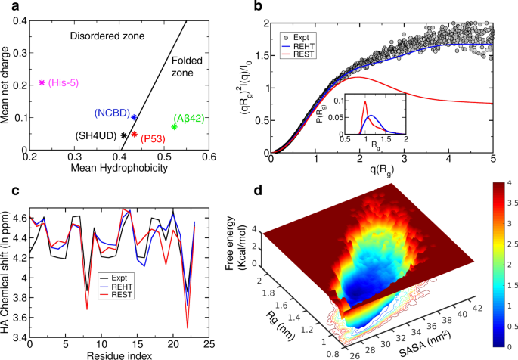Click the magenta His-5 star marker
42,82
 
